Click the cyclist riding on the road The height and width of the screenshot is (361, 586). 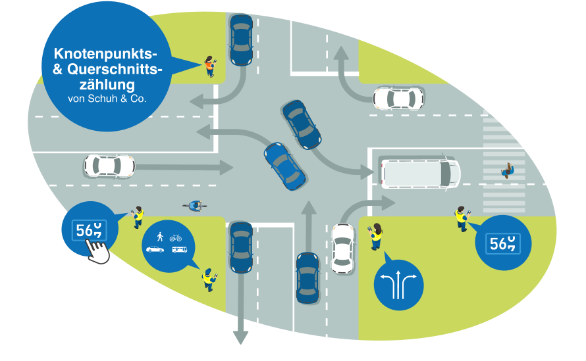195,206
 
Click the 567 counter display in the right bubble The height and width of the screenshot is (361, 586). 503,243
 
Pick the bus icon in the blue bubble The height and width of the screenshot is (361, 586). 179,250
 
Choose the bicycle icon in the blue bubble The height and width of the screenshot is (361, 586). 175,237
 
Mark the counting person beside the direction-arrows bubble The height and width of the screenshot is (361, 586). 376,237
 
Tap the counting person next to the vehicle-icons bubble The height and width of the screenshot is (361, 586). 209,279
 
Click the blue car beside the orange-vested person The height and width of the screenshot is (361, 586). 241,40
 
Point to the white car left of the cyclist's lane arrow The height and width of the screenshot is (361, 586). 109,166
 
